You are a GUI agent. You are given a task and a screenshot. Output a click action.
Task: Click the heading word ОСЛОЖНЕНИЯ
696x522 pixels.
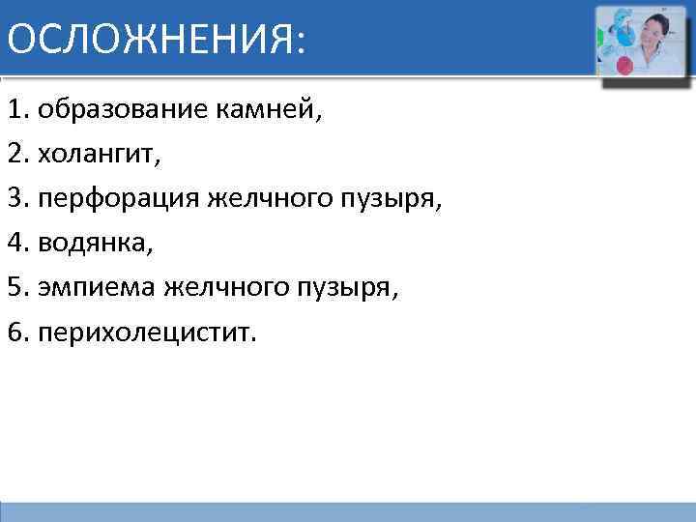pyautogui.click(x=149, y=39)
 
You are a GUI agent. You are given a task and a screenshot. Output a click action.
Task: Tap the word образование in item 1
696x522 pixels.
pyautogui.click(x=119, y=109)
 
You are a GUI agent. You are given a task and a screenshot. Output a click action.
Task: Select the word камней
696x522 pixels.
pyautogui.click(x=266, y=109)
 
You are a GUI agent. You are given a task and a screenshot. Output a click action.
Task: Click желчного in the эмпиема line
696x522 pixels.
pyautogui.click(x=216, y=288)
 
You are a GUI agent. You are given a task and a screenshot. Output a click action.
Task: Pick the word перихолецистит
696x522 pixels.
pyautogui.click(x=149, y=333)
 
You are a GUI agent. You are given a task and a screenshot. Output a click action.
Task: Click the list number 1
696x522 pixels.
pyautogui.click(x=14, y=109)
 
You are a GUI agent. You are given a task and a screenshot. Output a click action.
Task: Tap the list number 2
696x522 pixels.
pyautogui.click(x=14, y=154)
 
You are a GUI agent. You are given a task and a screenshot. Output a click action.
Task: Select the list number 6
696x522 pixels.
pyautogui.click(x=14, y=333)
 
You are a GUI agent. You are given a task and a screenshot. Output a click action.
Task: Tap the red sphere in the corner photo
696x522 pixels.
pyautogui.click(x=624, y=66)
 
